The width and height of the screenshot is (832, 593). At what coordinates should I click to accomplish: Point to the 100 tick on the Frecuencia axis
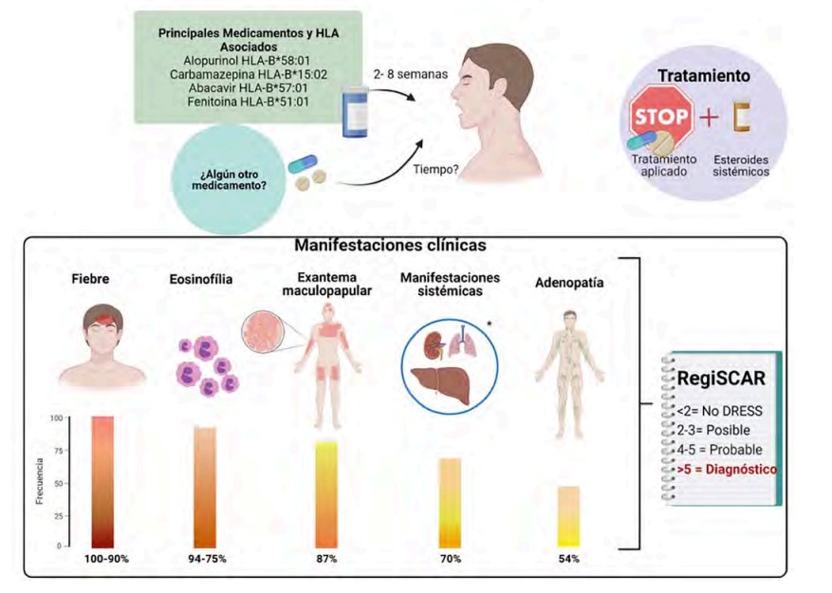[x=56, y=418]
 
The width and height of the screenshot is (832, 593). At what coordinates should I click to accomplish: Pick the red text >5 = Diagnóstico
[x=727, y=469]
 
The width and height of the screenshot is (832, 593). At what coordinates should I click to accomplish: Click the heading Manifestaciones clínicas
[x=390, y=245]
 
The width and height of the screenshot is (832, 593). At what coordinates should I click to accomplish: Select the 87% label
[x=328, y=559]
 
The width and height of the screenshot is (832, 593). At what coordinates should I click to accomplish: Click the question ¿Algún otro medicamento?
[x=233, y=178]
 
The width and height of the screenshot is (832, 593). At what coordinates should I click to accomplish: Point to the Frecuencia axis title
[x=40, y=483]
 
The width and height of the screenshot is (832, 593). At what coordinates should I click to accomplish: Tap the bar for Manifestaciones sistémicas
[x=450, y=503]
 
